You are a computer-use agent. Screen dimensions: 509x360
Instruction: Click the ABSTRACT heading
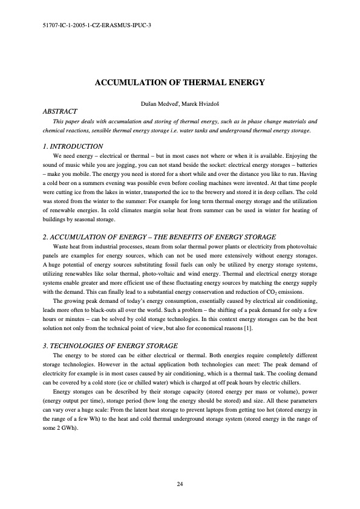point(60,112)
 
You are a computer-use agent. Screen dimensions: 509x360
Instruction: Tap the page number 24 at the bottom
point(180,484)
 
